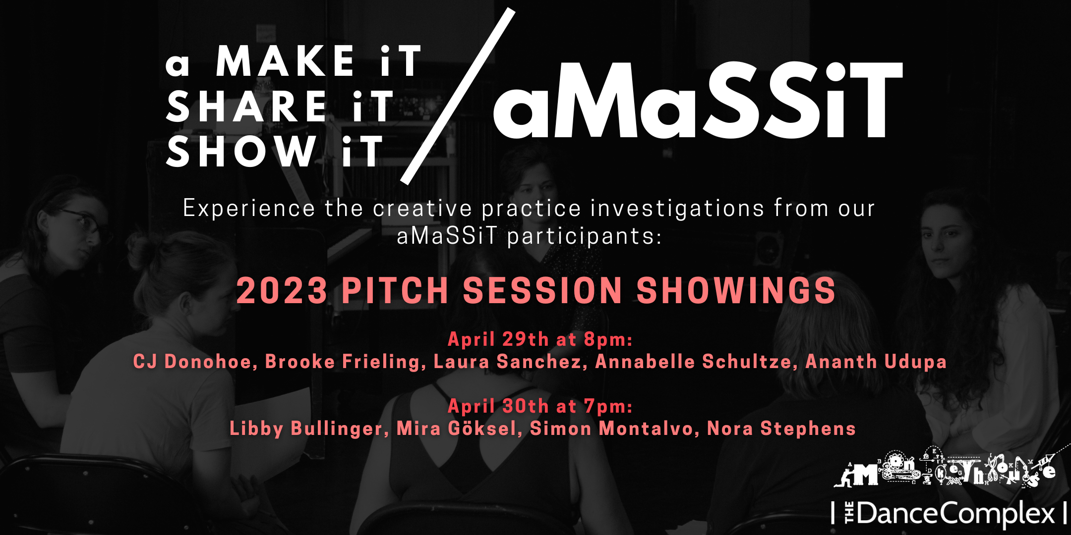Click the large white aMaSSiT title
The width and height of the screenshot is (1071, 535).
[698, 100]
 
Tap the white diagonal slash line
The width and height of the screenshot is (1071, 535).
[458, 96]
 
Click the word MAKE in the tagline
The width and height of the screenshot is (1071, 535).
[285, 61]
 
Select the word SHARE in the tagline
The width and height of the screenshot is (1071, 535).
[246, 106]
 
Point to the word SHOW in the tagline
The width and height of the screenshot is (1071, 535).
[241, 151]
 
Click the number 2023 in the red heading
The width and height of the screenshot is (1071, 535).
[282, 290]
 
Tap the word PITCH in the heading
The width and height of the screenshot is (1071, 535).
[395, 290]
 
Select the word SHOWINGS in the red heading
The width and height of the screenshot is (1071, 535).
[736, 290]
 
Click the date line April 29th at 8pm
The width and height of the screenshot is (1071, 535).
[540, 339]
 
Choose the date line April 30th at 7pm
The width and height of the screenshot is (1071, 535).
[540, 406]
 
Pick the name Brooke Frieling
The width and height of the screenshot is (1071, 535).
[343, 362]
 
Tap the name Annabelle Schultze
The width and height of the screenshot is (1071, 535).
[693, 362]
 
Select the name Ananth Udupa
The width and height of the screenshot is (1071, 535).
[876, 362]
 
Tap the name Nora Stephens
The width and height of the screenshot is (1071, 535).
[781, 428]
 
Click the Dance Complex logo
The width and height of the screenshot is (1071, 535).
[949, 513]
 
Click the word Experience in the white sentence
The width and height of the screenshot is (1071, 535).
[249, 209]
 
